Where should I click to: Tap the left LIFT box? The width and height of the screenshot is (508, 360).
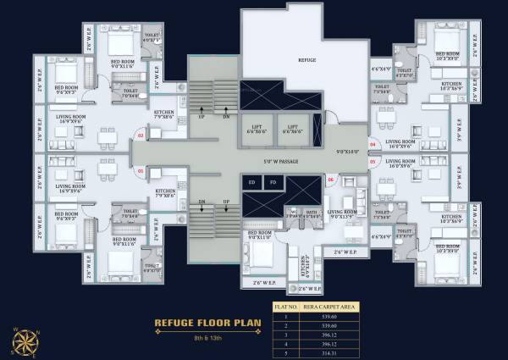[x=257, y=128]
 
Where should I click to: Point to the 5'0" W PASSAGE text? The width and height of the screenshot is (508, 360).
[x=273, y=158]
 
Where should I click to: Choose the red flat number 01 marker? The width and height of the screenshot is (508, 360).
[x=141, y=171]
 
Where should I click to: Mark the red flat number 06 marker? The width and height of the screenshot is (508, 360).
[x=330, y=178]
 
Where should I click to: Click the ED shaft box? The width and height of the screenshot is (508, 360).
[x=251, y=182]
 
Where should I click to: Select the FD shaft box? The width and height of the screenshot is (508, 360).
[x=272, y=182]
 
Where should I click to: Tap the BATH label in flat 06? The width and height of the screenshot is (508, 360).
[x=311, y=212]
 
